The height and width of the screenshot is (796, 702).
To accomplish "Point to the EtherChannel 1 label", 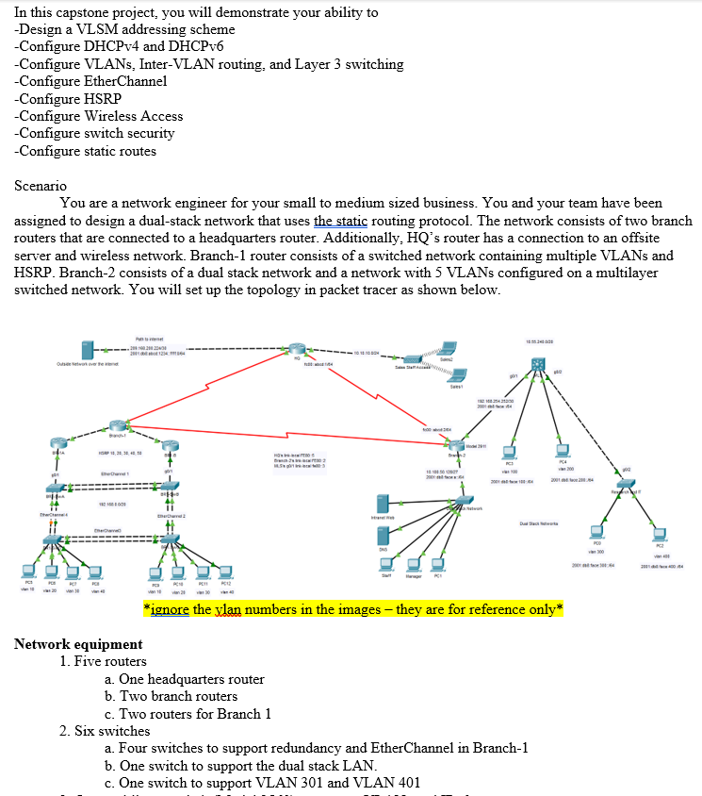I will [x=115, y=472].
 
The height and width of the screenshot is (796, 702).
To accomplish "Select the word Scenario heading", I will [x=41, y=186].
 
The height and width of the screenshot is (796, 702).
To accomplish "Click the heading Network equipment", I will [x=78, y=644].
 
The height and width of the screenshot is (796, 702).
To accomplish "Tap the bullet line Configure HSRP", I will [x=68, y=99].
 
